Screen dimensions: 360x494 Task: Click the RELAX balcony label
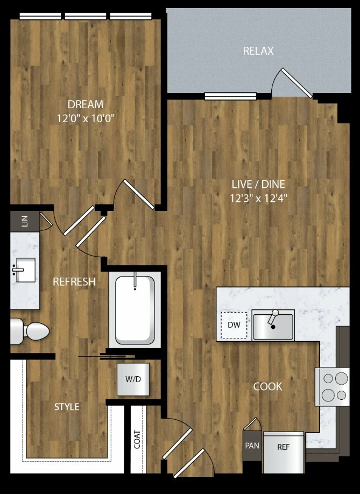(258, 51)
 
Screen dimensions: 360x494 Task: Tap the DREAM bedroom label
(86, 104)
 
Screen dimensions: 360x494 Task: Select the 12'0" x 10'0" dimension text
(86, 118)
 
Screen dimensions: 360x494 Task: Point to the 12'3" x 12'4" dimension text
(258, 199)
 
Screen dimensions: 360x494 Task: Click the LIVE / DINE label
(258, 184)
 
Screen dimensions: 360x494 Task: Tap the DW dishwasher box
(234, 325)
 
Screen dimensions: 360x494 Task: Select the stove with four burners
(332, 386)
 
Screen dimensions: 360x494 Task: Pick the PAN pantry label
(252, 446)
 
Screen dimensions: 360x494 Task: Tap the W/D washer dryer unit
(133, 379)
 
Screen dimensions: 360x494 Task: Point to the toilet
(30, 331)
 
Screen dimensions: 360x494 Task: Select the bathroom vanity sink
(24, 270)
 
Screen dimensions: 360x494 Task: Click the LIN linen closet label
(25, 221)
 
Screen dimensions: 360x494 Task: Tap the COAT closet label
(137, 439)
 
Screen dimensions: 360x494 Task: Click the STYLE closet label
(67, 407)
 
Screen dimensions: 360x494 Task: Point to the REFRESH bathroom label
(74, 281)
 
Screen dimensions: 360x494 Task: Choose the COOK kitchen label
(268, 386)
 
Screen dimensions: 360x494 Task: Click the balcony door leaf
(297, 83)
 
